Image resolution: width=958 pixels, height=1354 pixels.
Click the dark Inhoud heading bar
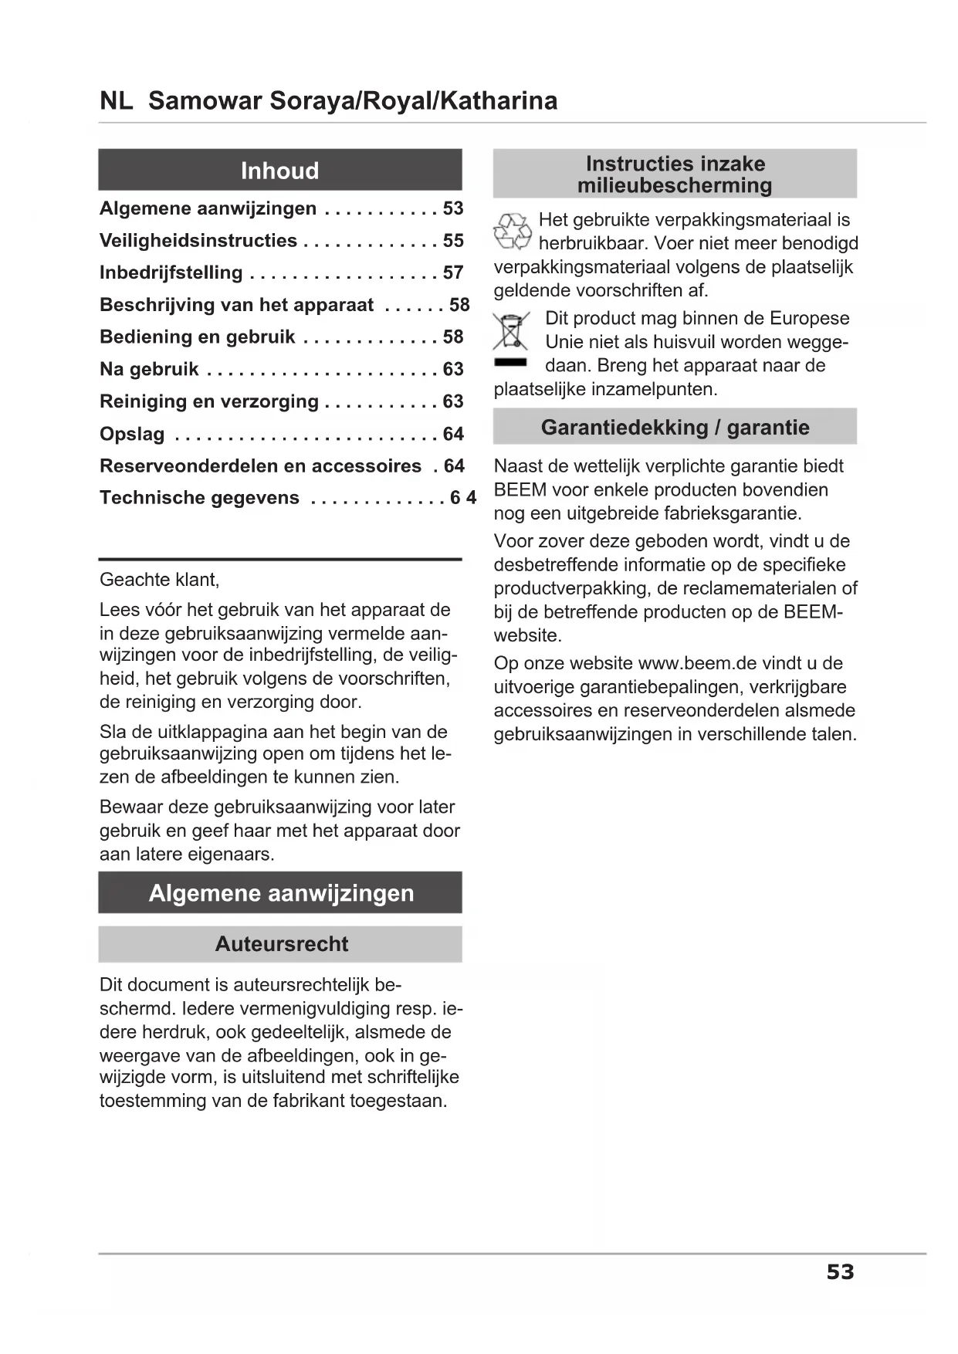tap(279, 170)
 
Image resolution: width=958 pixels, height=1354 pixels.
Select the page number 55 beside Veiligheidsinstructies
tap(453, 241)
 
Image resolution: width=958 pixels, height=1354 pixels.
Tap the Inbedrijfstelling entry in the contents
tap(171, 273)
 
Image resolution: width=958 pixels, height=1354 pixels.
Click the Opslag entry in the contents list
tap(132, 434)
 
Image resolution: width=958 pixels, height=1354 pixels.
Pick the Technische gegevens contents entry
tap(199, 498)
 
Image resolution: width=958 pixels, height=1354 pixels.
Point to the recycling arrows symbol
tap(512, 232)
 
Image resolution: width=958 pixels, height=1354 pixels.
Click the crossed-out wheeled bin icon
tap(511, 332)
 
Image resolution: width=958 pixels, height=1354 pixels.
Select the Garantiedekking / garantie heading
tap(675, 427)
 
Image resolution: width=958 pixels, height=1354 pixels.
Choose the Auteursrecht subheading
tap(281, 944)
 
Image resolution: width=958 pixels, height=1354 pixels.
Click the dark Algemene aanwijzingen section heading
tap(281, 893)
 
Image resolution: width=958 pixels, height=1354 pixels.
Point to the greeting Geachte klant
tap(159, 580)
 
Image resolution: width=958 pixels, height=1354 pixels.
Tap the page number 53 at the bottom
tap(840, 1272)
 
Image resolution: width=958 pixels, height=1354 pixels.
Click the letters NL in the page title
tap(116, 101)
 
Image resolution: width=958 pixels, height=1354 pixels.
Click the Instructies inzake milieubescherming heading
tap(675, 174)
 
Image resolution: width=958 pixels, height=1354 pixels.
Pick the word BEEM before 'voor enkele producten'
tap(520, 490)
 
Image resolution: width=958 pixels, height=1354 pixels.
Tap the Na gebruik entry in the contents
tap(149, 370)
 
